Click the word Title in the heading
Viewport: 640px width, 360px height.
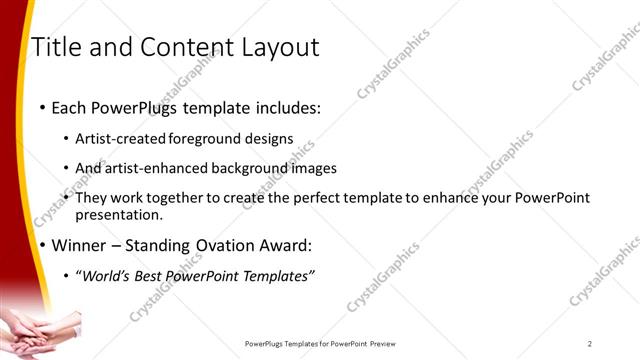point(56,47)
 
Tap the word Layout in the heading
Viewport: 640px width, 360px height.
point(283,47)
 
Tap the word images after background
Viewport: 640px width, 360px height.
point(315,168)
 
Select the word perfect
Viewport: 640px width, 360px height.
point(314,198)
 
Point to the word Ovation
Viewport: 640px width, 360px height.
point(218,245)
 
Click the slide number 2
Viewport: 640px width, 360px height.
point(590,343)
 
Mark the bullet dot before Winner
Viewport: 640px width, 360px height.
point(41,246)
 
